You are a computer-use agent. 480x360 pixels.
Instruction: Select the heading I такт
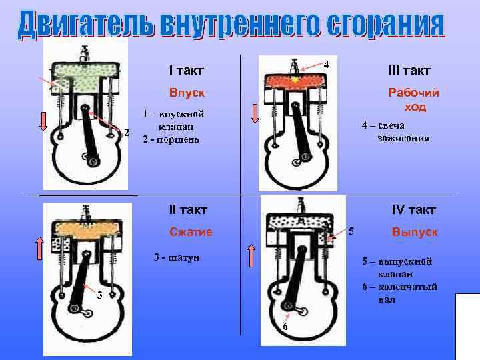click(x=186, y=70)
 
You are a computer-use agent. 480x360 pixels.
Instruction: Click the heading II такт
click(x=188, y=210)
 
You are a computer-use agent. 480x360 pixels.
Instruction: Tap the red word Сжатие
click(x=191, y=232)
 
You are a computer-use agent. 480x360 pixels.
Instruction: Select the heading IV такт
click(x=413, y=210)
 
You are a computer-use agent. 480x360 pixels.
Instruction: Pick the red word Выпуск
click(x=415, y=232)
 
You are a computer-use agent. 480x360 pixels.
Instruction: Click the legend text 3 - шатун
click(x=176, y=257)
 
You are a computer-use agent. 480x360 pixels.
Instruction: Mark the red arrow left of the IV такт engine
click(x=252, y=255)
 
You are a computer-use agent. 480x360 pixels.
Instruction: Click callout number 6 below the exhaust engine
click(x=284, y=327)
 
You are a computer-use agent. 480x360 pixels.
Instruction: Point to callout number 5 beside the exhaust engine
click(x=351, y=231)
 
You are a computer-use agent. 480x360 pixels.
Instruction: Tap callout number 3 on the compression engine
click(x=98, y=296)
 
